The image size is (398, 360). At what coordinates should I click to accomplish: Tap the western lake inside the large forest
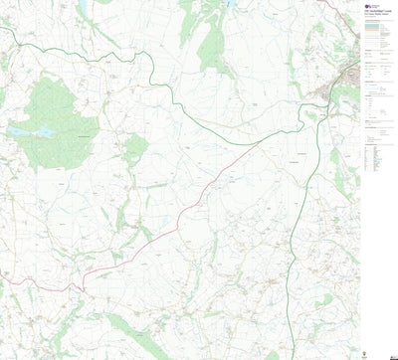pyautogui.click(x=19, y=131)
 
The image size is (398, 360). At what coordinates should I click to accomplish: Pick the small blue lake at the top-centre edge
pyautogui.click(x=231, y=3)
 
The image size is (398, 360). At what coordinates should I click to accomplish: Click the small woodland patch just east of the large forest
pyautogui.click(x=136, y=149)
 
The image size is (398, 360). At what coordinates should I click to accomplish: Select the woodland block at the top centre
pyautogui.click(x=214, y=45)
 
